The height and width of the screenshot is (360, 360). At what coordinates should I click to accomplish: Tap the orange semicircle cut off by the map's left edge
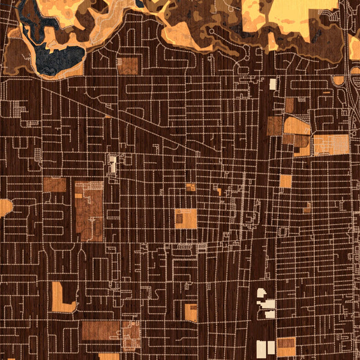(x=5, y=208)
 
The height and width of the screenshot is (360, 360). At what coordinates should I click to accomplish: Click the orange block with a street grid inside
(x=331, y=144)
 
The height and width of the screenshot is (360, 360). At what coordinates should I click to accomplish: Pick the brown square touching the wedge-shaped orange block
(x=274, y=126)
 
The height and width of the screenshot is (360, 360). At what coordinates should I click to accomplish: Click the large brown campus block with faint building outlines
(x=88, y=210)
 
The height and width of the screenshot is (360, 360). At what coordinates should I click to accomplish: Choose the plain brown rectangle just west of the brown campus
(x=54, y=185)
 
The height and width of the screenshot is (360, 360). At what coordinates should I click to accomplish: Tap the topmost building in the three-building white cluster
(x=262, y=293)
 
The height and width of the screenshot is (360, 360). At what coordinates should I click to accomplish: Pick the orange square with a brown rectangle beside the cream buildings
(x=286, y=346)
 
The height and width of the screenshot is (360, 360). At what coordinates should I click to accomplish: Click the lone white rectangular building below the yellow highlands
(x=274, y=83)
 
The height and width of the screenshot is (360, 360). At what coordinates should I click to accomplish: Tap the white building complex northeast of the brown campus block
(x=112, y=163)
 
